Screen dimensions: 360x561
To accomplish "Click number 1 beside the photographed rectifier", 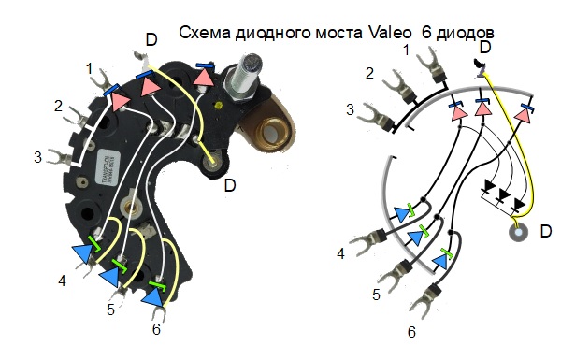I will tap(89, 68).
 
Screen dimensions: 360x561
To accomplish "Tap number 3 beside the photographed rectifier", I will tap(37, 156).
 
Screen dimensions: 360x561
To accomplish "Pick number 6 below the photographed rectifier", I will tap(156, 329).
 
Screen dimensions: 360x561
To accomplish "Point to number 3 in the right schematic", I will tap(350, 109).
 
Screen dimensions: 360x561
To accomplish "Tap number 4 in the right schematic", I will tap(340, 253).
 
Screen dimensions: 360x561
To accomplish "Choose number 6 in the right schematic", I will tap(410, 330).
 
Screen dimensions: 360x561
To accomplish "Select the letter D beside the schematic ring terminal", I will tap(547, 230).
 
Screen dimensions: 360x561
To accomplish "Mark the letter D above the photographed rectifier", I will tap(151, 39).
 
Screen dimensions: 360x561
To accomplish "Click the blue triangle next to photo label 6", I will tap(151, 298).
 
